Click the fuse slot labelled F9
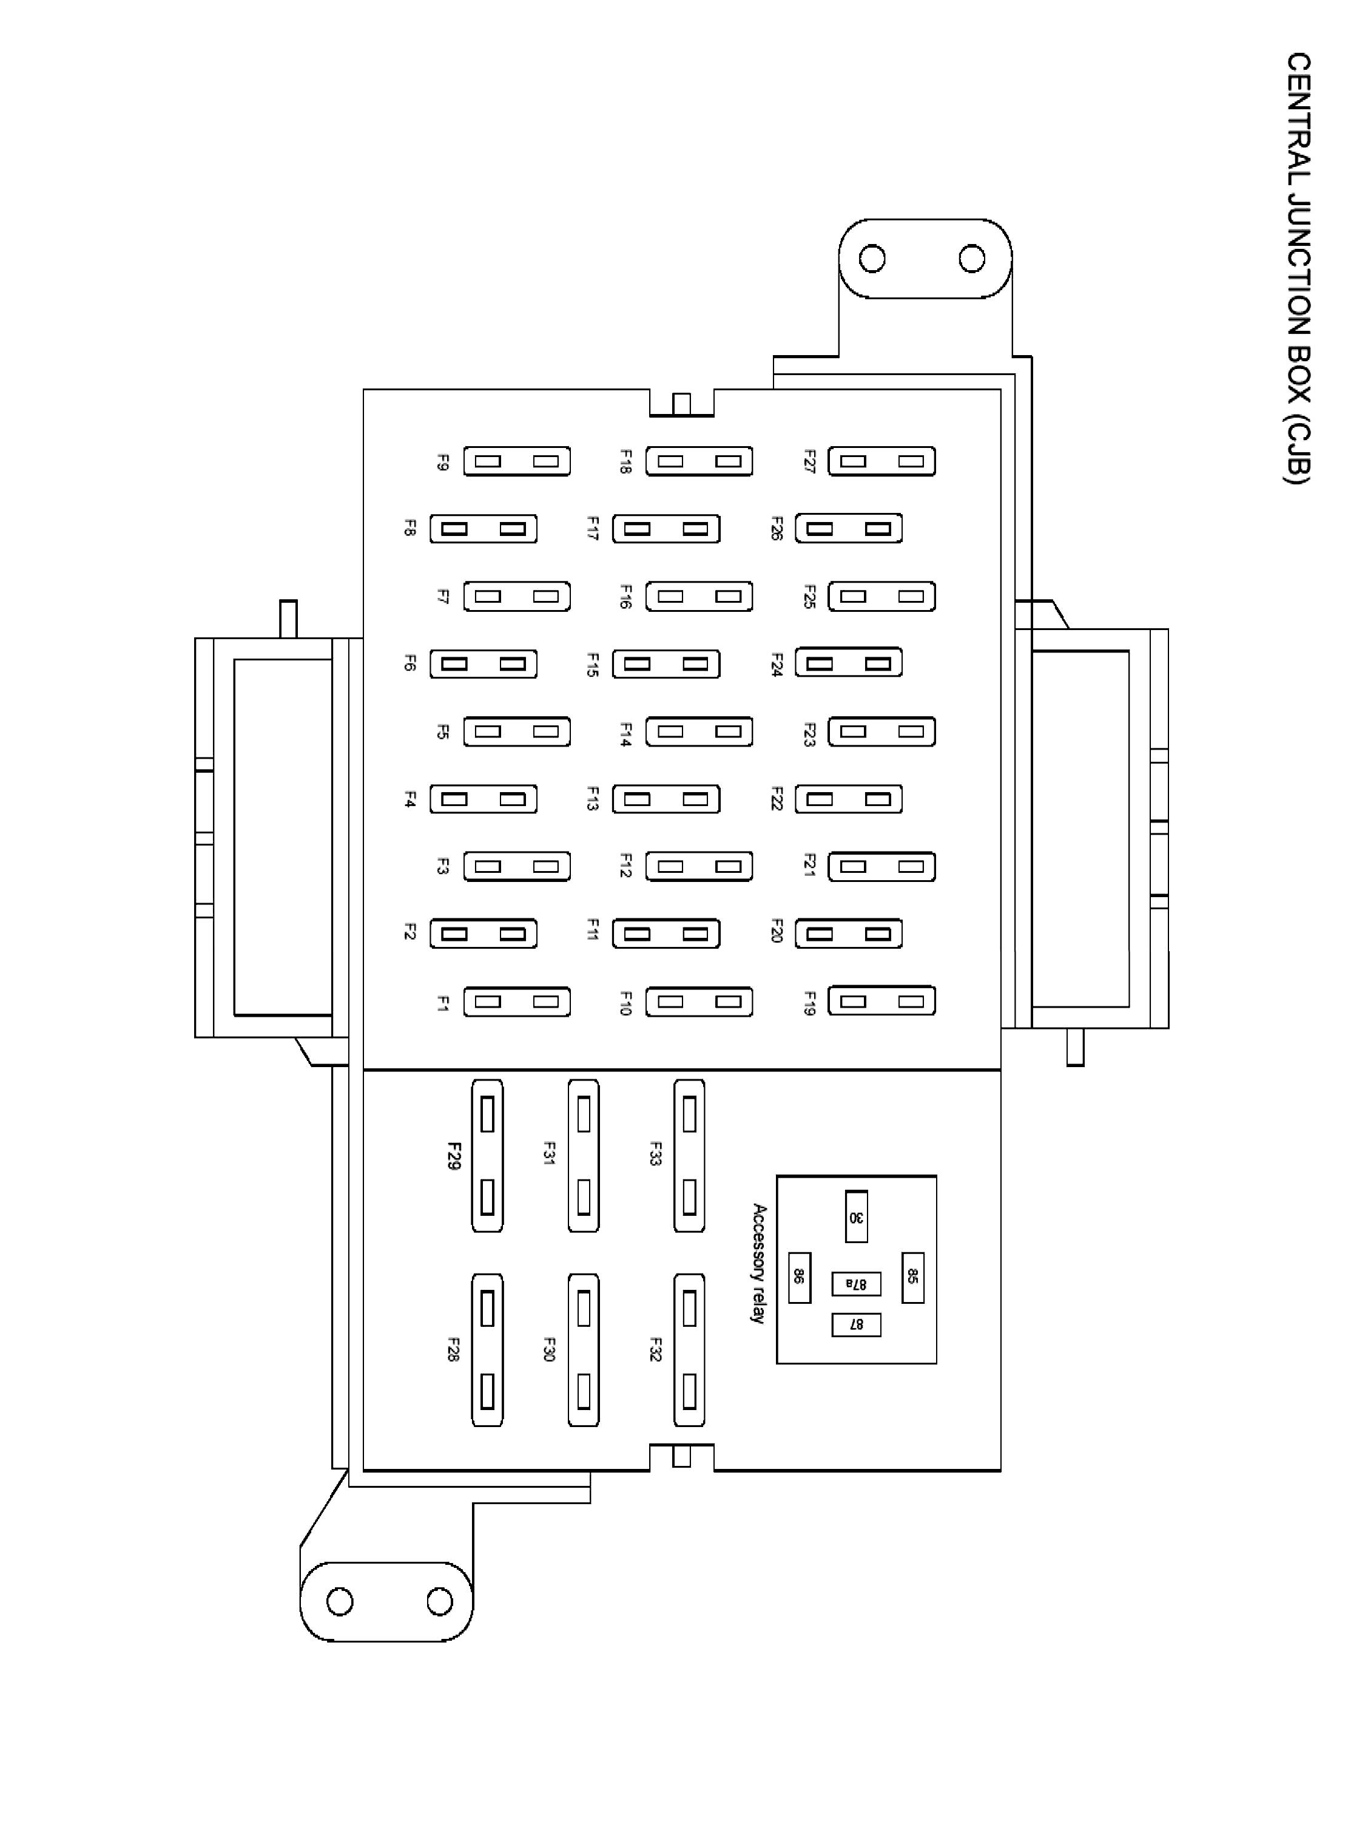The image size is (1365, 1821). tap(517, 461)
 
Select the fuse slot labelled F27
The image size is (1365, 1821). tap(881, 461)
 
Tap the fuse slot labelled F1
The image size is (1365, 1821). tap(517, 1002)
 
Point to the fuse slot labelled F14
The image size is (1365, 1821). tap(698, 731)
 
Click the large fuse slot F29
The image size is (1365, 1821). tap(487, 1156)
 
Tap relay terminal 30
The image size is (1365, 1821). tap(857, 1216)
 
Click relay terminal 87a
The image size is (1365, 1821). tap(855, 1283)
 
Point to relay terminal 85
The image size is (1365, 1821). tap(912, 1278)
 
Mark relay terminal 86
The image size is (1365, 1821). tap(799, 1278)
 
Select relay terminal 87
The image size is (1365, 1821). tap(855, 1324)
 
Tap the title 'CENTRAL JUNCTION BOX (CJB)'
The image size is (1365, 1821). tap(1298, 268)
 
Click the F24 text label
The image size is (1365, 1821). tap(776, 664)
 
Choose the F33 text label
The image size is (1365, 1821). tap(656, 1153)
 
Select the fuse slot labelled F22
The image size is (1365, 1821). tap(848, 799)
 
